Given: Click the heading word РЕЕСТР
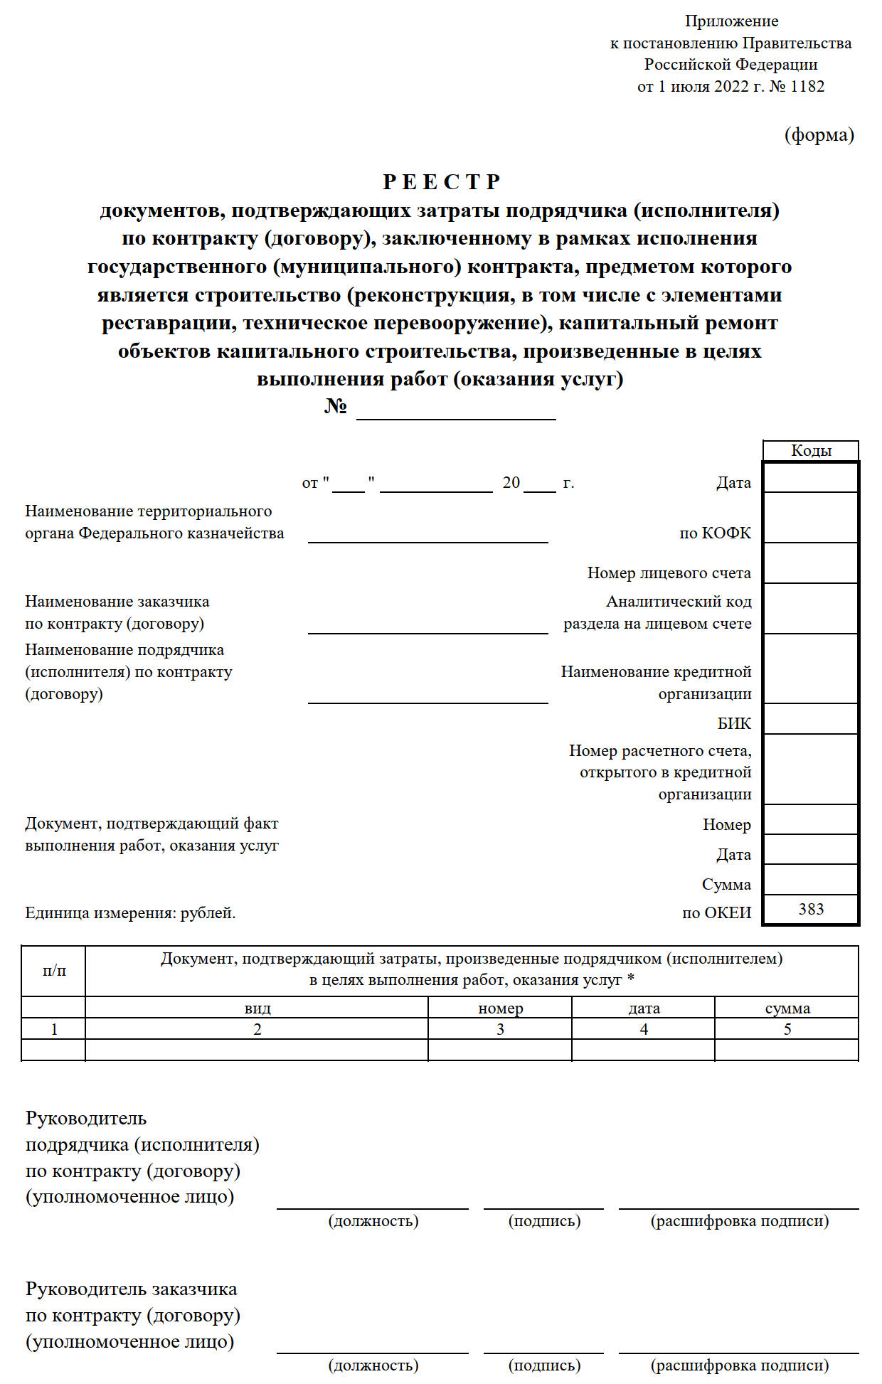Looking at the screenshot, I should tap(441, 182).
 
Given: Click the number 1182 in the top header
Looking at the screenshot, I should tap(807, 87).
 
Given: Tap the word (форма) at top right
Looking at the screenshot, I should tap(819, 135).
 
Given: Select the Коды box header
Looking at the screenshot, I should tap(811, 451).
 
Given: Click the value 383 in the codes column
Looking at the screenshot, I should tap(811, 910).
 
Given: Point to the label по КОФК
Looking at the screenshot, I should tap(715, 533).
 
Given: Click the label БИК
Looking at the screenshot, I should tap(734, 724).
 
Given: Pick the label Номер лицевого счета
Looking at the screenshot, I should tap(669, 573).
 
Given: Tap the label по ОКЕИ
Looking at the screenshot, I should tap(716, 913).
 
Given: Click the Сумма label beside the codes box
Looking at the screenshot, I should tap(726, 885).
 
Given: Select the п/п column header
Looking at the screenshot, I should tap(54, 971).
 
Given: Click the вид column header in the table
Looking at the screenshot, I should tap(257, 1008).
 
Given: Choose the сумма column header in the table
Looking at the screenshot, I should tap(787, 1008).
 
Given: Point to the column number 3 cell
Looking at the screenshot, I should tap(500, 1030).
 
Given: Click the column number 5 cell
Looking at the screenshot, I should tap(787, 1030).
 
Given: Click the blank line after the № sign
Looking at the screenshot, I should tap(456, 411).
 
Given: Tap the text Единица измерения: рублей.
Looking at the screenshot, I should tap(130, 913).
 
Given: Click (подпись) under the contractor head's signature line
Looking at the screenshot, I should tap(544, 1221).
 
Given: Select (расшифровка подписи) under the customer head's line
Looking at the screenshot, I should tap(740, 1366).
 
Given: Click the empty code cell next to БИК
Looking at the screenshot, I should tap(811, 720).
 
